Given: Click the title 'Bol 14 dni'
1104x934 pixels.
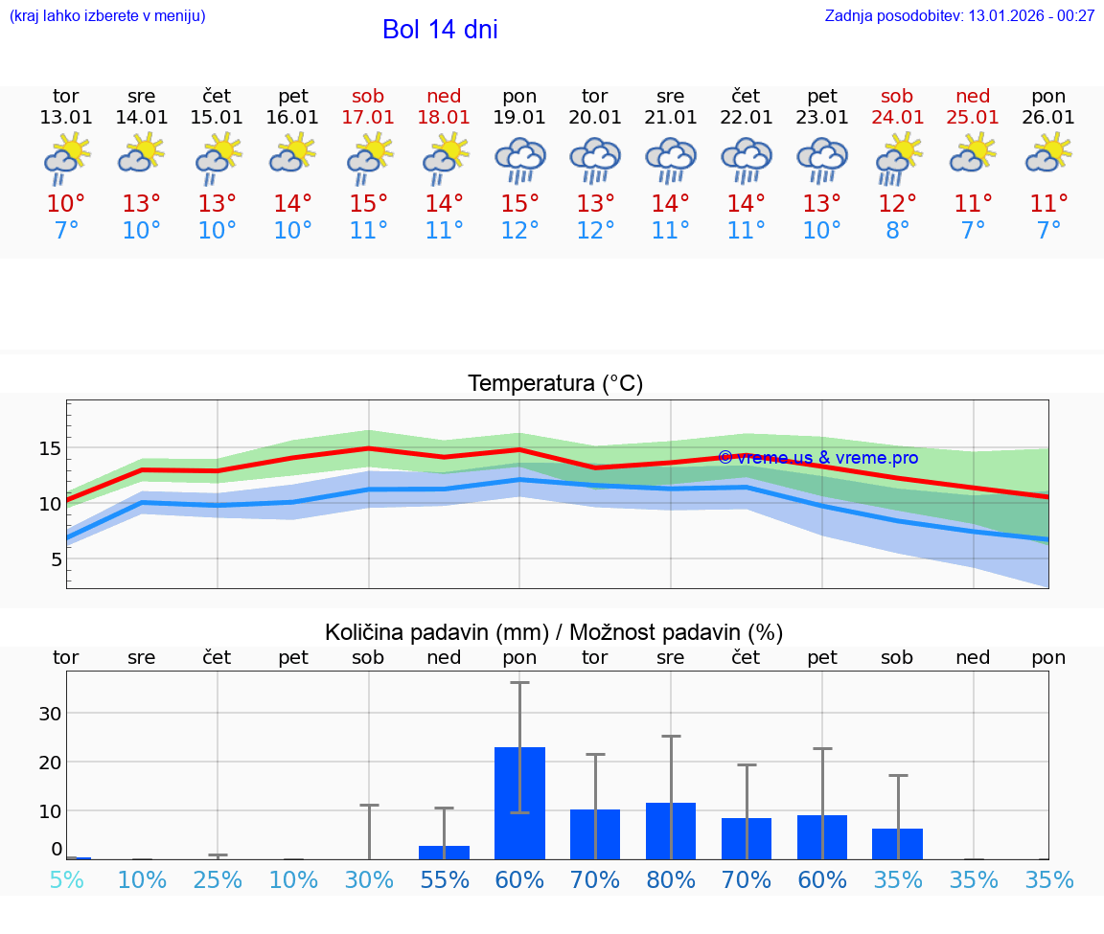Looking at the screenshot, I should tap(440, 30).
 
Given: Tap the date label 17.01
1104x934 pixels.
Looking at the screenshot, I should tap(368, 118).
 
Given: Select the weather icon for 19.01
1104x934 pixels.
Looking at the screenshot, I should tap(519, 159).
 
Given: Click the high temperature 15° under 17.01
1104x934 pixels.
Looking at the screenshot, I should tap(368, 204).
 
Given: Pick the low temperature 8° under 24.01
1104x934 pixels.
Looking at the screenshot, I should tap(898, 231).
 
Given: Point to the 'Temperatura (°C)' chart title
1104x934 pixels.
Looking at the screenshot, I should tap(555, 384).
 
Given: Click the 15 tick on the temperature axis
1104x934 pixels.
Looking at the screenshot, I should tap(51, 448).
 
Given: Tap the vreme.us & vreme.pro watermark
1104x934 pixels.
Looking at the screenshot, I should tap(817, 457).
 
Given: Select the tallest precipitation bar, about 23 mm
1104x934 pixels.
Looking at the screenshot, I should tap(519, 803).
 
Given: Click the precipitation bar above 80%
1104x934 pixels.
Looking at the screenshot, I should tap(671, 831).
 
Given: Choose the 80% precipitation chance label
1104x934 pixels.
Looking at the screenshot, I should tap(671, 880).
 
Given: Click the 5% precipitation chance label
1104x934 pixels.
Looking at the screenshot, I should tap(66, 880).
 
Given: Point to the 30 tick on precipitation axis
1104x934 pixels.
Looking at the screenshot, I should tap(50, 713).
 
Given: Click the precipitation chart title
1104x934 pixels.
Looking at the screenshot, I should tap(554, 632).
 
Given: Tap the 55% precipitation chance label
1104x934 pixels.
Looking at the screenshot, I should tap(444, 880).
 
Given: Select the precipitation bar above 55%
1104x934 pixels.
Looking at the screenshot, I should tap(444, 852).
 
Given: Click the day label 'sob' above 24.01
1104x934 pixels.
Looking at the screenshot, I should tap(898, 97).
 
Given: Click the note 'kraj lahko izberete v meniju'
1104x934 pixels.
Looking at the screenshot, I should tap(107, 15).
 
